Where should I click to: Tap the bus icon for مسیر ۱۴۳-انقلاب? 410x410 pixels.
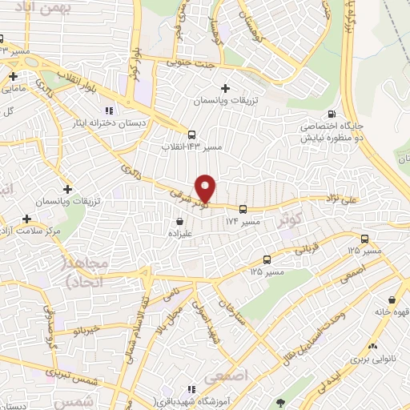click(x=191, y=135)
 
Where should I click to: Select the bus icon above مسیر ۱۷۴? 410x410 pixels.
click(x=243, y=209)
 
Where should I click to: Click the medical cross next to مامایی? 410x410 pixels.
click(x=14, y=77)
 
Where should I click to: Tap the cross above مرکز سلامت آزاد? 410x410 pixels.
click(x=27, y=218)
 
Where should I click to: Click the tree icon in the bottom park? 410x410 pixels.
click(x=279, y=402)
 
